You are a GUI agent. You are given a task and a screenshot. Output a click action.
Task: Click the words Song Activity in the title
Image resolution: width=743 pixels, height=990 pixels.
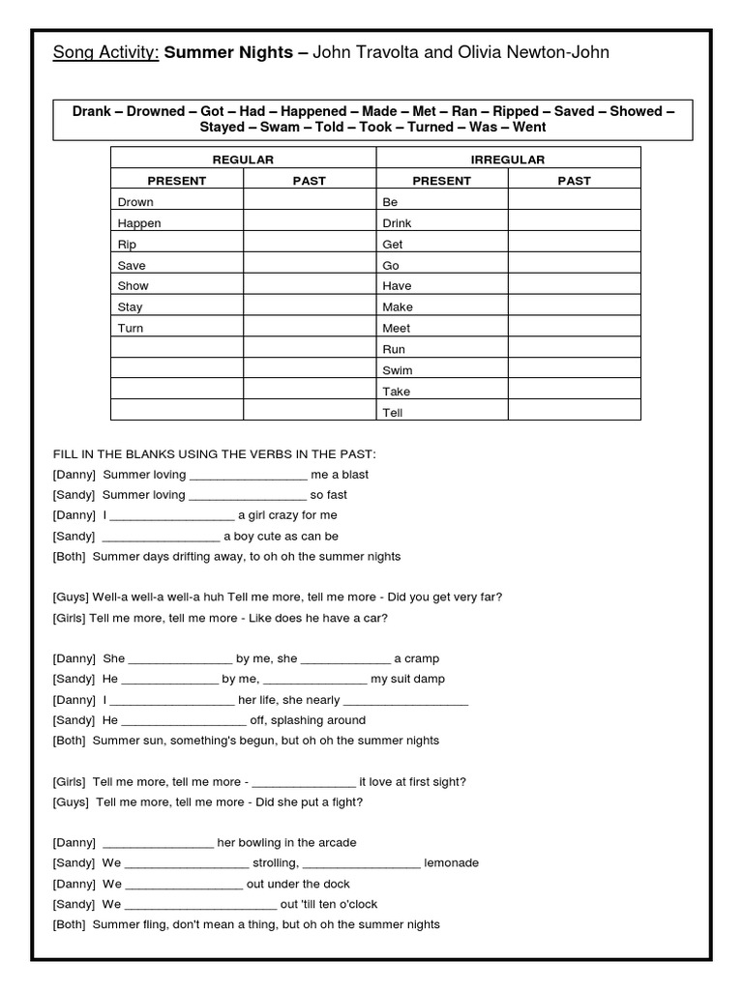(x=105, y=52)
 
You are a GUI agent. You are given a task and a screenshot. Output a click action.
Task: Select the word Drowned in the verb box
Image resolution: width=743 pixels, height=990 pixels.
(x=155, y=111)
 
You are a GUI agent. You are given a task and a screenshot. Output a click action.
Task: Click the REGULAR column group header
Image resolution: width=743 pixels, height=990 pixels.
(x=243, y=159)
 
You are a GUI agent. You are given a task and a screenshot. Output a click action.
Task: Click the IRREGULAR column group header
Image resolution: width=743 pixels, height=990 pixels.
(x=508, y=159)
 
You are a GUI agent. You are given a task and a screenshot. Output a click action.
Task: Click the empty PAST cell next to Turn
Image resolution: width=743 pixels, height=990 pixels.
(x=309, y=329)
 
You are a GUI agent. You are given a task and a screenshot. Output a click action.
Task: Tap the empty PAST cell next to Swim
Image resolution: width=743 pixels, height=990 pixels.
(x=574, y=370)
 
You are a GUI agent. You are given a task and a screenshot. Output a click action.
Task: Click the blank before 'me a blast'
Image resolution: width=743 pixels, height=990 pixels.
(x=247, y=476)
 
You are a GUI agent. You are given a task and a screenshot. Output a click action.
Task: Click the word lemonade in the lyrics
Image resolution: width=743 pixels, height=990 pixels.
(x=452, y=863)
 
